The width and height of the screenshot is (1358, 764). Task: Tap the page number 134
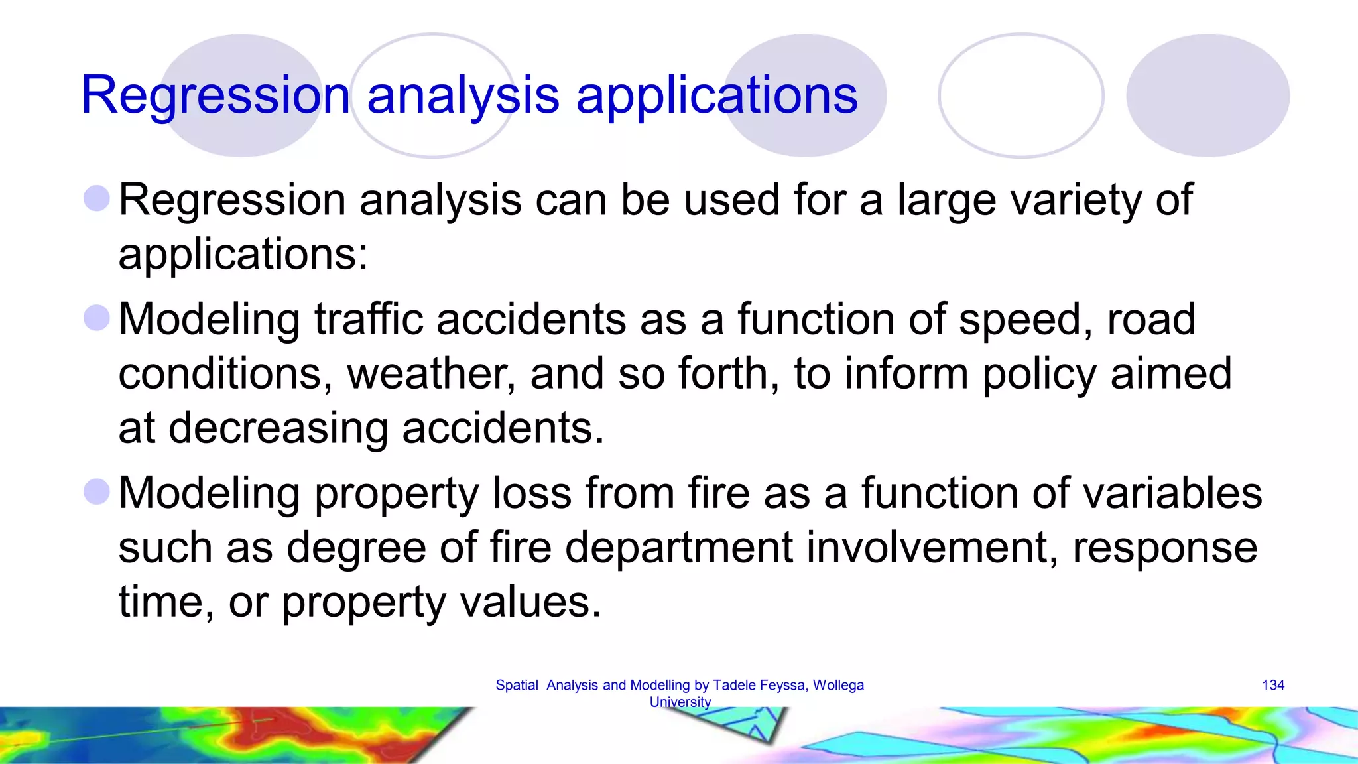[1272, 685]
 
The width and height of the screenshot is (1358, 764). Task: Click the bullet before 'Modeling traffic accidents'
[97, 318]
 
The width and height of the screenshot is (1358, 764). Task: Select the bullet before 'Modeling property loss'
[97, 491]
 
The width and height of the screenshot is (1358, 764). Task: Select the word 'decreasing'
[278, 428]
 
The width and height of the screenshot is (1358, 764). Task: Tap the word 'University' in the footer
[680, 702]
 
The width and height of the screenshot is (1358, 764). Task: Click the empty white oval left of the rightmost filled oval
[1020, 95]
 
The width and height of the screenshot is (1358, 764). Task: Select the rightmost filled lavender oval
[1207, 95]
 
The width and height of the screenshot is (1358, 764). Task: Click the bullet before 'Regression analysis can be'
[97, 198]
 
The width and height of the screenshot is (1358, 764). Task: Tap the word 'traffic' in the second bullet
[368, 319]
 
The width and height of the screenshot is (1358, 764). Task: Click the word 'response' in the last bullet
[1164, 548]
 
